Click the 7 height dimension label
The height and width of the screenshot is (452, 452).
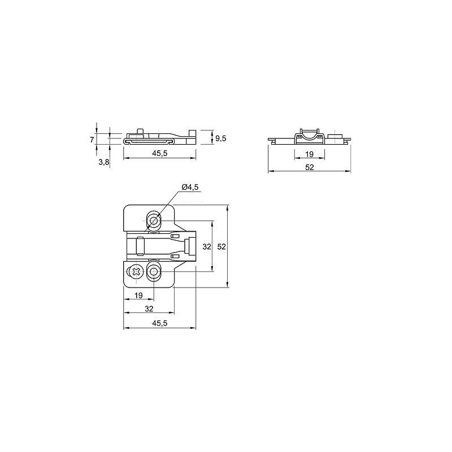[x=92, y=140]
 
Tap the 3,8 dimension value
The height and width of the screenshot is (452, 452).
[x=104, y=162]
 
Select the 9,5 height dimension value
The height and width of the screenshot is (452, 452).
[x=221, y=138]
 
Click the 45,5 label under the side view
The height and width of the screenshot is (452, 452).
[x=160, y=153]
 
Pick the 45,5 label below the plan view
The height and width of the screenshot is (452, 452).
[x=160, y=323]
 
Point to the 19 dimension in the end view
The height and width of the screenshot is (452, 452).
[x=309, y=154]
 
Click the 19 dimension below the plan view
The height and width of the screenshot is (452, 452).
[x=138, y=295]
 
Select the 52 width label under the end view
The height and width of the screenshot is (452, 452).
[x=309, y=167]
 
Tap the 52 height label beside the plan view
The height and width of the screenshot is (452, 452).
[x=221, y=246]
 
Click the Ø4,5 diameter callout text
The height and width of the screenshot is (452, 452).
[x=190, y=187]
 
